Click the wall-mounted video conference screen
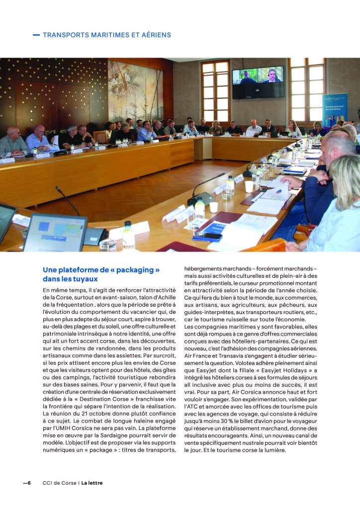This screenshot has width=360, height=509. pos(258,82)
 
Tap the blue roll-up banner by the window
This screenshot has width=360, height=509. pos(335,109)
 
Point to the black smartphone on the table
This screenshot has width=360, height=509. pos(207,237)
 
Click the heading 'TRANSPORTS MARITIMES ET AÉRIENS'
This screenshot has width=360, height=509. pos(107,35)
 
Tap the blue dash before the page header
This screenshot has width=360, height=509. pos(36,35)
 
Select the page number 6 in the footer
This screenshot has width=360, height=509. pos(29,483)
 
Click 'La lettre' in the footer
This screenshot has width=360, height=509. pos(92,483)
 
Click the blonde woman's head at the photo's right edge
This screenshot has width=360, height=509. pos(344,177)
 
